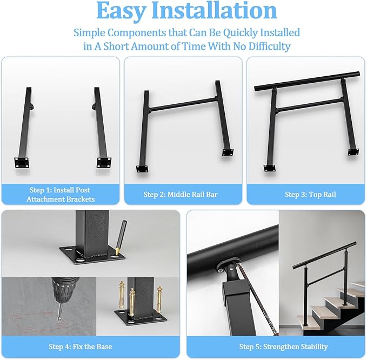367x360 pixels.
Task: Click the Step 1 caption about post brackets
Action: [61, 195]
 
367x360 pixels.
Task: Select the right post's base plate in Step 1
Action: [104, 162]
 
